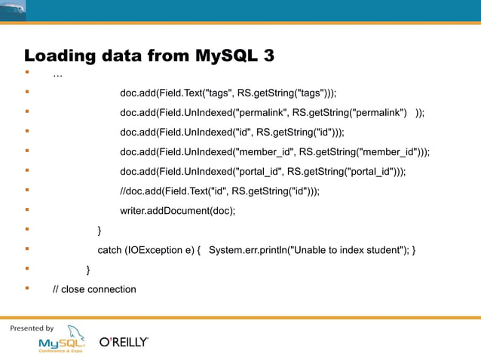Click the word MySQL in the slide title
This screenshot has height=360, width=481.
(227, 56)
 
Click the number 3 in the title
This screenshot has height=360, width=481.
(268, 56)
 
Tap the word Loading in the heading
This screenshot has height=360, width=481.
(57, 56)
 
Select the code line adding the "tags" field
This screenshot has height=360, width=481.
(228, 93)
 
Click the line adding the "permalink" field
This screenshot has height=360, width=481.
(271, 113)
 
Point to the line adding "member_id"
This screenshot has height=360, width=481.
(274, 152)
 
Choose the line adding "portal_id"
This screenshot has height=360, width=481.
(262, 172)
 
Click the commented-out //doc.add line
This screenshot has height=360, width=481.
(219, 191)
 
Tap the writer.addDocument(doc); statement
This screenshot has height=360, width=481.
(177, 211)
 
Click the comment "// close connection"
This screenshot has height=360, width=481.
(94, 289)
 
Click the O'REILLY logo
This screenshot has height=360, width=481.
(124, 342)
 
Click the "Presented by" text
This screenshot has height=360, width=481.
(32, 328)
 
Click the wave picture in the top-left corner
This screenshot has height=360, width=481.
(13, 10)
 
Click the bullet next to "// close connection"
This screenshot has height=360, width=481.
(27, 288)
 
